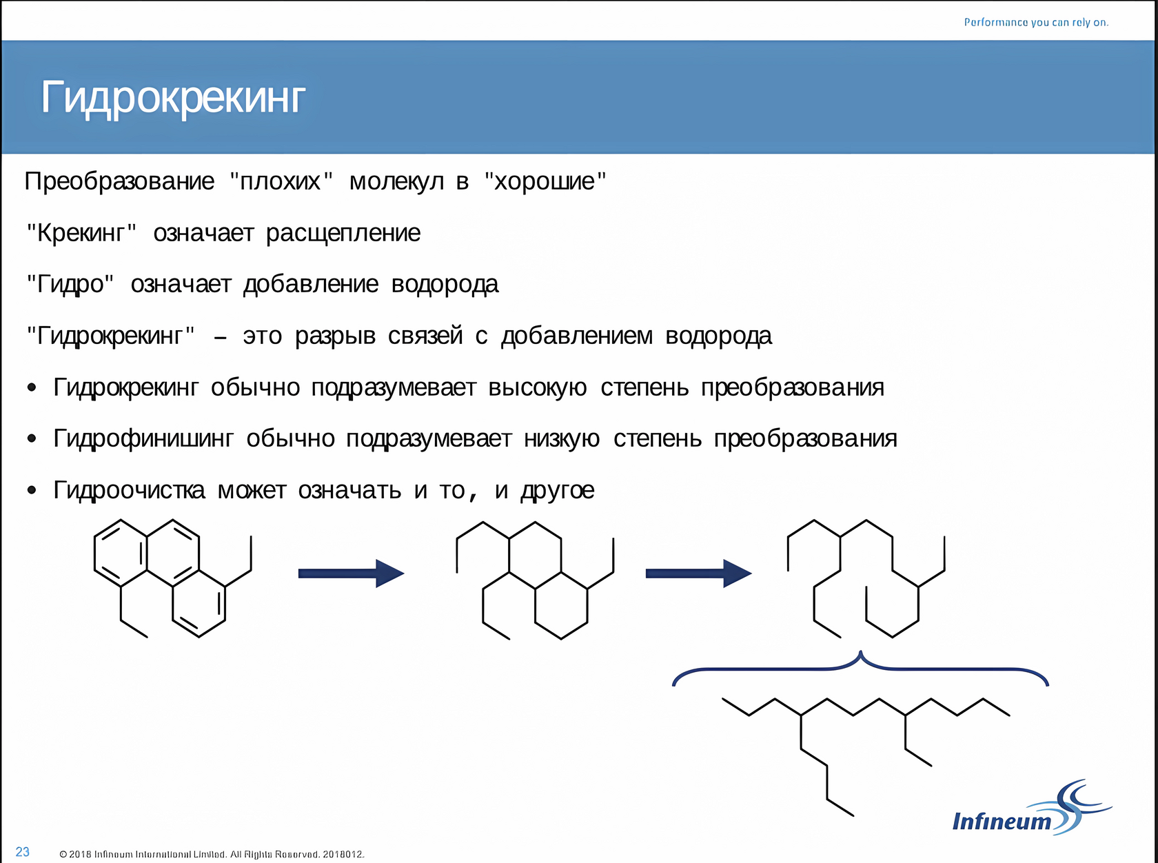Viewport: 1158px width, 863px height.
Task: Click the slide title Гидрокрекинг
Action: coord(172,97)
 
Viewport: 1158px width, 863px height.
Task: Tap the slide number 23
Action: coord(23,852)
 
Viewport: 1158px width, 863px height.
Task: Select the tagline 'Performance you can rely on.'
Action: coord(1036,23)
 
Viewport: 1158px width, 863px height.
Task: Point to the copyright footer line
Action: coord(212,854)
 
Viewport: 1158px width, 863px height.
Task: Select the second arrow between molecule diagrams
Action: coord(698,573)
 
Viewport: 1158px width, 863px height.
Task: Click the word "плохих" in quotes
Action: coord(281,181)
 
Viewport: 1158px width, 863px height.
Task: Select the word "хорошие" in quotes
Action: coord(545,181)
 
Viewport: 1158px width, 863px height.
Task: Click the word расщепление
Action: coord(343,233)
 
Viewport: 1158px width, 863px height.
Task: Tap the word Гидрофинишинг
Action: coord(143,438)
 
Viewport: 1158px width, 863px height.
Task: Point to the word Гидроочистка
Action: coord(129,490)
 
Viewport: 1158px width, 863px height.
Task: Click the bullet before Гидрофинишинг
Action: coord(32,438)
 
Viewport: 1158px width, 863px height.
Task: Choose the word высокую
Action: coord(537,387)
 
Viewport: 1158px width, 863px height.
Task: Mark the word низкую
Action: coord(562,438)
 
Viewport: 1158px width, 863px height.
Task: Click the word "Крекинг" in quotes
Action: coord(81,233)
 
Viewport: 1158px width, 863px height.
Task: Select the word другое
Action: coord(558,490)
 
